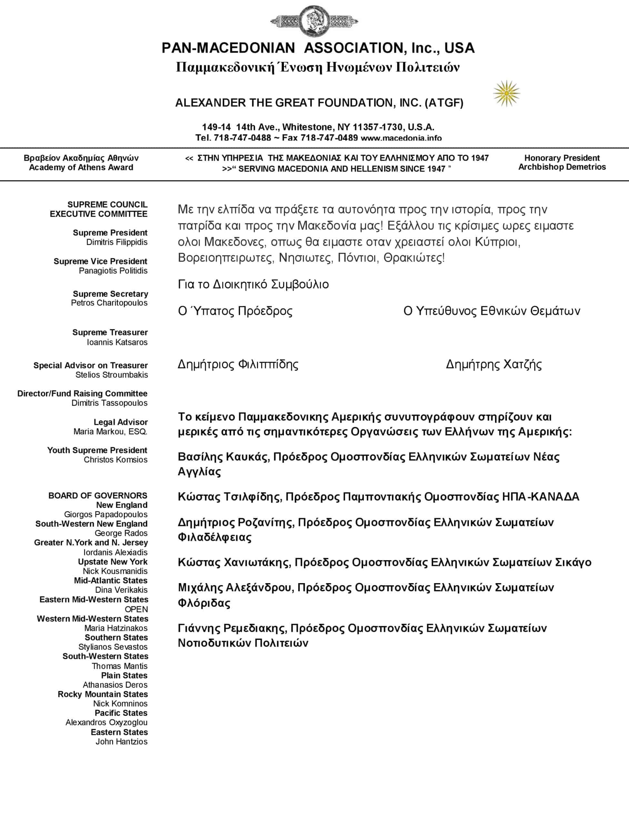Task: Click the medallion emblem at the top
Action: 314,21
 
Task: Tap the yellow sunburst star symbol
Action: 506,93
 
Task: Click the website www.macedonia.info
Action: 401,138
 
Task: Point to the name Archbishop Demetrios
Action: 562,167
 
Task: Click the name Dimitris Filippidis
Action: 117,242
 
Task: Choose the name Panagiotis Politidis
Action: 113,271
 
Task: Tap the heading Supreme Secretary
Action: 110,294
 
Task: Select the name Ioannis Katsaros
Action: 117,342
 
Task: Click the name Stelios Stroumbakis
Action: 112,375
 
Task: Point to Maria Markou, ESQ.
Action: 110,432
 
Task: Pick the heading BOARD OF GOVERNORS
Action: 98,495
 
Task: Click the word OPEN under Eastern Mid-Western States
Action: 136,609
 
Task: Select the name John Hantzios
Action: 121,741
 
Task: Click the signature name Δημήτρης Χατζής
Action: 494,364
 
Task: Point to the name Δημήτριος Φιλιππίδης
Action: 238,364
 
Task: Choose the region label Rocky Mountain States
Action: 103,694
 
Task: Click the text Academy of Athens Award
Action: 81,167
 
